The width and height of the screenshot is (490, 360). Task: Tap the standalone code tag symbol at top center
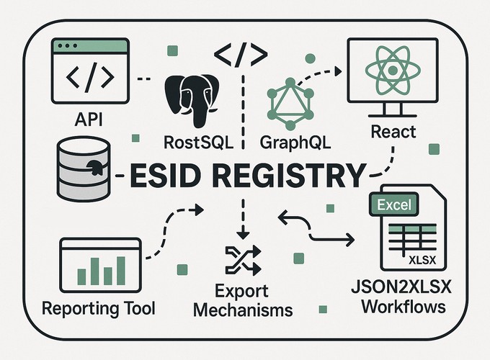click(x=241, y=53)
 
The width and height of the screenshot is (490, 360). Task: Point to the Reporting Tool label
click(x=99, y=310)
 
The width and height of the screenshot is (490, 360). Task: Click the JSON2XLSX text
click(x=409, y=289)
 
